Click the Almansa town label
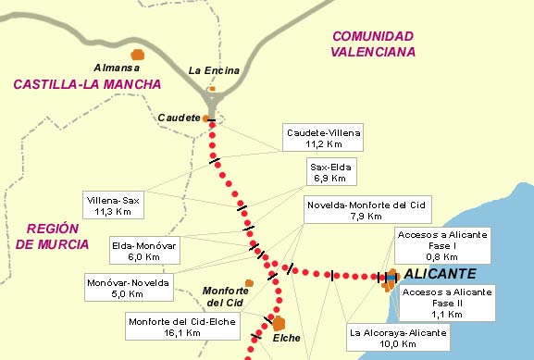(117, 68)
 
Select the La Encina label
(214, 70)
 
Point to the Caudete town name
(179, 118)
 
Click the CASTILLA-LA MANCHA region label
(87, 84)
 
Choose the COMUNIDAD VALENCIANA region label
(373, 43)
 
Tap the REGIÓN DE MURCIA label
(53, 237)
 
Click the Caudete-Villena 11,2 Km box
(323, 138)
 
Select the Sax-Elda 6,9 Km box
(329, 171)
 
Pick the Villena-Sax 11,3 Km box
(113, 205)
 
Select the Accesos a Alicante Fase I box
(441, 246)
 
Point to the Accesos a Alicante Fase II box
(448, 302)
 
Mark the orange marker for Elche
(279, 323)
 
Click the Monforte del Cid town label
(224, 296)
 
